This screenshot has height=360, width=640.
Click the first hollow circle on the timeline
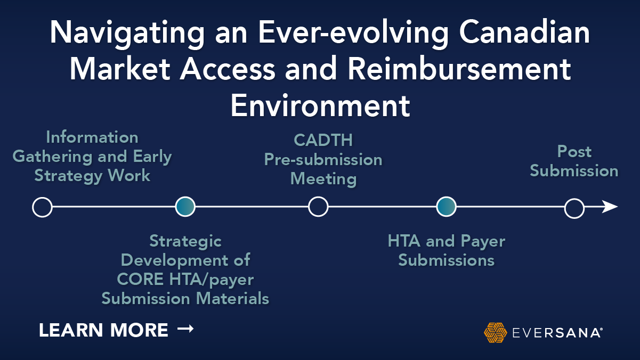pos(42,207)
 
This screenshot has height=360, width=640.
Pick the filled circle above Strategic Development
pos(185,207)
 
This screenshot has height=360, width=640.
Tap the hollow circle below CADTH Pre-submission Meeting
pos(318,207)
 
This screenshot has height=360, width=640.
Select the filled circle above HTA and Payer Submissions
pos(446,207)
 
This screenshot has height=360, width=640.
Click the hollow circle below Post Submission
pos(574,208)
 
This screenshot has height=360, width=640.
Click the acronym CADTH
pos(323,140)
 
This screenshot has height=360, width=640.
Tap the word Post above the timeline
pos(574,152)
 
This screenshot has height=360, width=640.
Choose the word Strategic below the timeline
pos(185,241)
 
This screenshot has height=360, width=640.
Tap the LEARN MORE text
pos(103,331)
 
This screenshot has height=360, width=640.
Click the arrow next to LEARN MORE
pos(185,330)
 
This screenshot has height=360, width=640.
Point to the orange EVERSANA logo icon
pos(495,332)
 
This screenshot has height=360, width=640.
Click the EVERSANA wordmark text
pos(556,333)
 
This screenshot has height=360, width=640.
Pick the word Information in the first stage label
pos(92,137)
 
